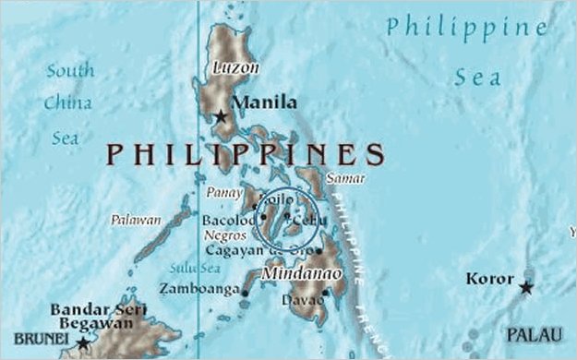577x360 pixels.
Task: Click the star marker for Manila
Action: point(221,117)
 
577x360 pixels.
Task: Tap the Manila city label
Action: point(264,102)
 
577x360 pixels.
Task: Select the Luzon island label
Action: point(235,68)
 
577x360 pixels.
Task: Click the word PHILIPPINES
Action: point(244,153)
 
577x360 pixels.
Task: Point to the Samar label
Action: point(345,178)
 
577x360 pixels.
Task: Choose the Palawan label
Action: point(136,221)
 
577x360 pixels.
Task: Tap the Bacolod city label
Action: point(227,221)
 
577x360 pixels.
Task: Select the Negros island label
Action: point(225,235)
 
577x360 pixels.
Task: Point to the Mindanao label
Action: point(302,274)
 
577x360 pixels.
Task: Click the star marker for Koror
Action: point(526,288)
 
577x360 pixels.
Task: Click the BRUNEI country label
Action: point(39,339)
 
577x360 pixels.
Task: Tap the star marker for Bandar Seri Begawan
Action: point(82,343)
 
